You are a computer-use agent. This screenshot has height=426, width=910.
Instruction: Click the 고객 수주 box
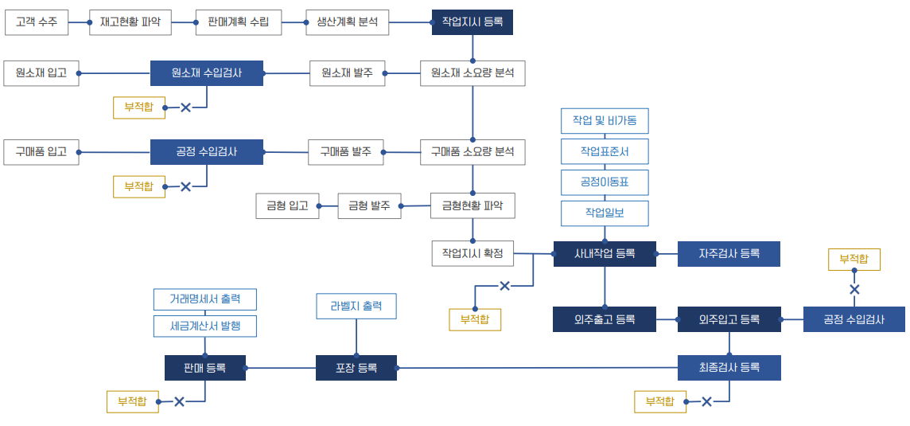[37, 22]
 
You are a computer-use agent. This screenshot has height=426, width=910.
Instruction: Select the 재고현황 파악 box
[130, 22]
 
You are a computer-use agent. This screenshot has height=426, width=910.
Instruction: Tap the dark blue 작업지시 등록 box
[472, 22]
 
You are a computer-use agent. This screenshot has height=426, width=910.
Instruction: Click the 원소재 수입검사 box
[207, 73]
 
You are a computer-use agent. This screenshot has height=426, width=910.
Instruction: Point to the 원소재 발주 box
[347, 73]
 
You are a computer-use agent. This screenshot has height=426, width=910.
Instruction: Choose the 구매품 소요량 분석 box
[472, 151]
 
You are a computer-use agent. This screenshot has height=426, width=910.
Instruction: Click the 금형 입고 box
[287, 206]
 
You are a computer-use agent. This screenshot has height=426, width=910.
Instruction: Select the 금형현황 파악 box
[472, 206]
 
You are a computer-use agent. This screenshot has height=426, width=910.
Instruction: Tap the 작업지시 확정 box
[472, 254]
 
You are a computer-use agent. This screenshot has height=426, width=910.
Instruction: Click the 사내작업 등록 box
[605, 254]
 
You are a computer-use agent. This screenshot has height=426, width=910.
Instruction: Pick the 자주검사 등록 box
[729, 254]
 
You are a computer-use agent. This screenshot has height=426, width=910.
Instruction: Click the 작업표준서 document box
[605, 151]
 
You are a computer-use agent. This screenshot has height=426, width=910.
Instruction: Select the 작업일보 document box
[605, 213]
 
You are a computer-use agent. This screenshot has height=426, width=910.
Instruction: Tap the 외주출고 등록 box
[605, 319]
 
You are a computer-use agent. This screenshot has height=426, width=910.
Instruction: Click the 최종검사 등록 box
[729, 367]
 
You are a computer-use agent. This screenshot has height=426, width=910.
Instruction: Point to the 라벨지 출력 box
[356, 307]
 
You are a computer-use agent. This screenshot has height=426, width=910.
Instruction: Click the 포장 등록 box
[356, 368]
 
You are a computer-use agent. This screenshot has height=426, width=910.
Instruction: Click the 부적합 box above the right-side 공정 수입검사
[854, 259]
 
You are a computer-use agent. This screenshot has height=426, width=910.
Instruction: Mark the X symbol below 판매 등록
[179, 402]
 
